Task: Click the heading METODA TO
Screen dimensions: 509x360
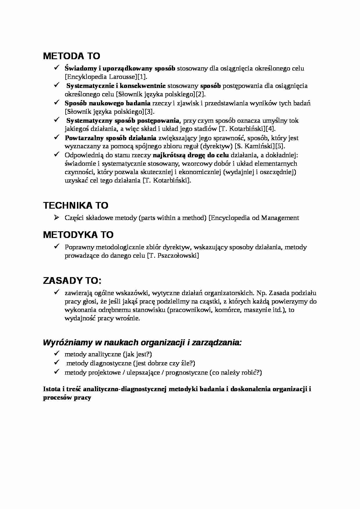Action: (71, 56)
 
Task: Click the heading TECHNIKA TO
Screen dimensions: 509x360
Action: (75, 205)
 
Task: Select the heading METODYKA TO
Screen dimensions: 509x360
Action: (78, 235)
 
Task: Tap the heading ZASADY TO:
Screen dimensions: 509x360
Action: (72, 281)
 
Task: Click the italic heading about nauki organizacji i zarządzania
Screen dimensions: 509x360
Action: (142, 343)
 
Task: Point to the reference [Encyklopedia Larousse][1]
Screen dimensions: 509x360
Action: (106, 77)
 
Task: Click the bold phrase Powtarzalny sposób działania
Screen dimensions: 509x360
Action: (110, 138)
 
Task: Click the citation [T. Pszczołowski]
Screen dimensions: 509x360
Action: (173, 256)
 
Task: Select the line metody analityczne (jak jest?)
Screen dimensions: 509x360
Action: (108, 354)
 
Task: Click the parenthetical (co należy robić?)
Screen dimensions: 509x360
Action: (235, 373)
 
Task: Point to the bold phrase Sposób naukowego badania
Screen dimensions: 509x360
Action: (107, 103)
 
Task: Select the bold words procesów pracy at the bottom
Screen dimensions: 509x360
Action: (67, 398)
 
